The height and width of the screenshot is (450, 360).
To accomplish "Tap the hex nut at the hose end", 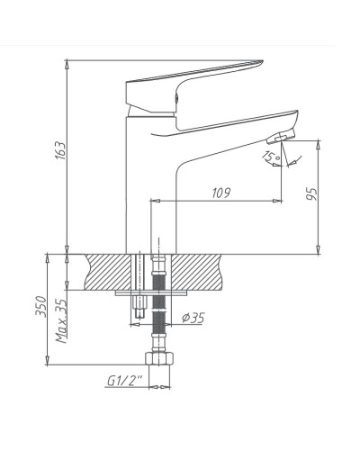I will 159,362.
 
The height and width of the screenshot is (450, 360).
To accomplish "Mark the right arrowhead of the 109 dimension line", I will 280,198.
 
